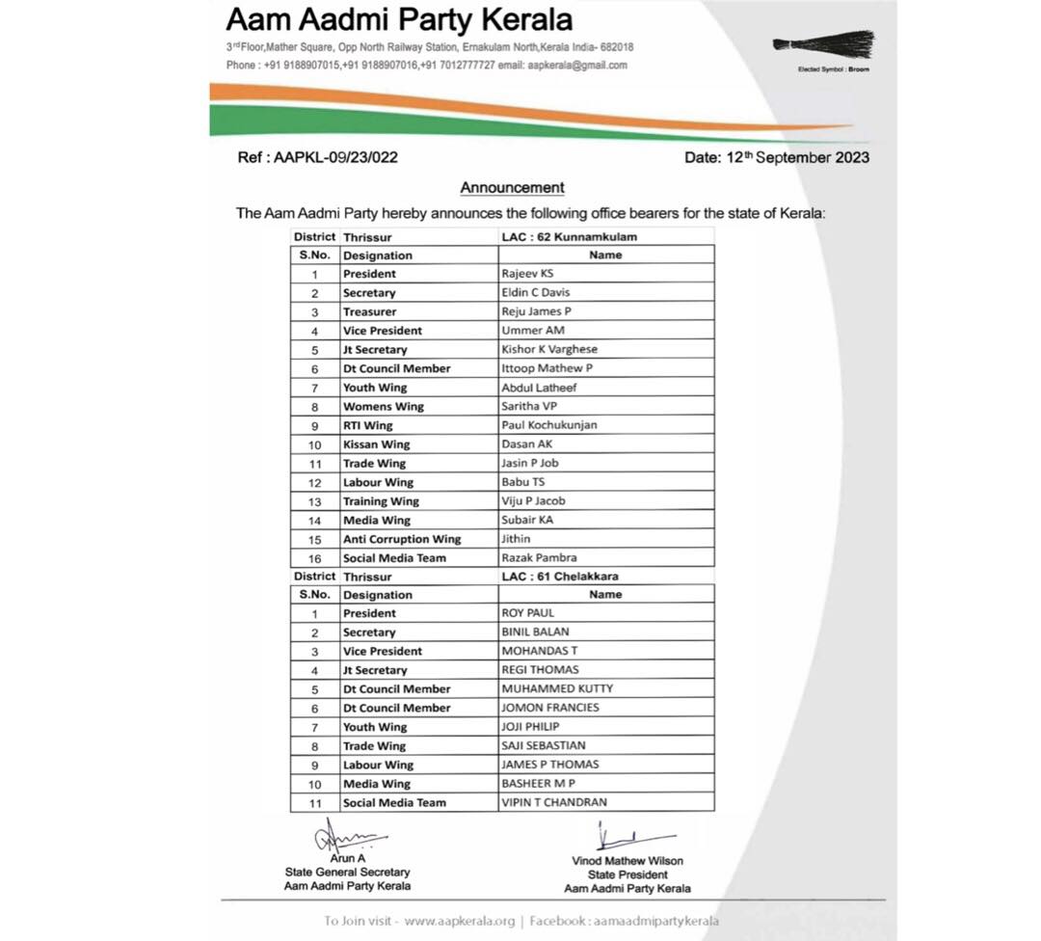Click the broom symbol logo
pyautogui.click(x=824, y=44)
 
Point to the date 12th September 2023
pyautogui.click(x=776, y=157)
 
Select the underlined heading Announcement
pyautogui.click(x=512, y=188)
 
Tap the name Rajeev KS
pyautogui.click(x=527, y=274)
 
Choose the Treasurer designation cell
pyautogui.click(x=369, y=311)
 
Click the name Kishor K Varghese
pyautogui.click(x=549, y=349)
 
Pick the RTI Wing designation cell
pyautogui.click(x=368, y=425)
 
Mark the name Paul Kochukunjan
pyautogui.click(x=548, y=425)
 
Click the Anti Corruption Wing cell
pyautogui.click(x=402, y=539)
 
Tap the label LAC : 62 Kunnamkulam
pyautogui.click(x=569, y=236)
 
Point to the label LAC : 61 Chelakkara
pyautogui.click(x=560, y=576)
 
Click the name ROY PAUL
pyautogui.click(x=529, y=613)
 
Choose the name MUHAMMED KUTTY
pyautogui.click(x=556, y=688)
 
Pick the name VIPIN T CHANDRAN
pyautogui.click(x=554, y=802)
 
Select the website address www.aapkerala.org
pyautogui.click(x=460, y=921)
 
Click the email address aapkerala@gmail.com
pyautogui.click(x=577, y=66)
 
